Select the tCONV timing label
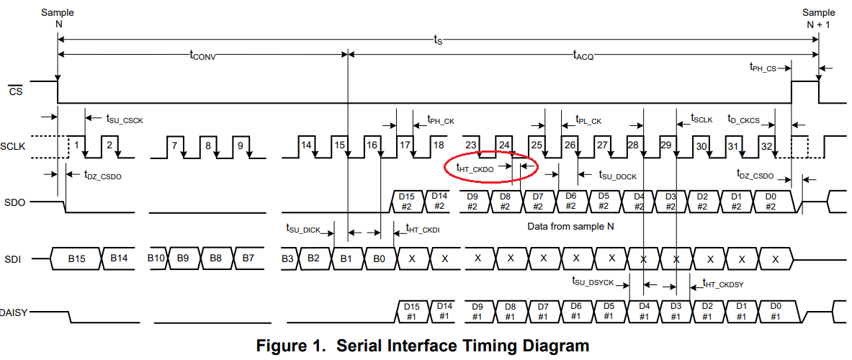(202, 55)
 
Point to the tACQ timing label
(583, 55)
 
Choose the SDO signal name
(15, 202)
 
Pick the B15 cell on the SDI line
(76, 258)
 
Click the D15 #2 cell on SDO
(406, 202)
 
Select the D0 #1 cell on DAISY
(775, 311)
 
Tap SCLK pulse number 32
(768, 145)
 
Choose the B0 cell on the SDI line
(380, 258)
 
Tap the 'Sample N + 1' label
(819, 18)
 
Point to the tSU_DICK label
(303, 229)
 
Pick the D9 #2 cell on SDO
(473, 202)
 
